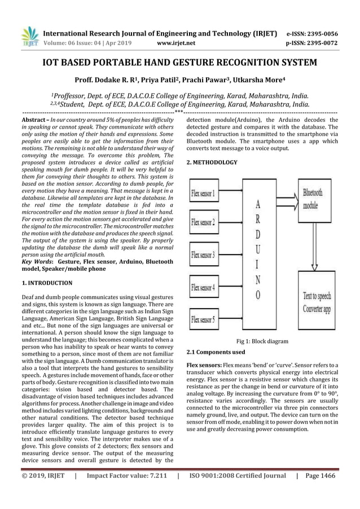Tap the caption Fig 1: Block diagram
pos(262,341)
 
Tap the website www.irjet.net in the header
pos(178,42)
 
